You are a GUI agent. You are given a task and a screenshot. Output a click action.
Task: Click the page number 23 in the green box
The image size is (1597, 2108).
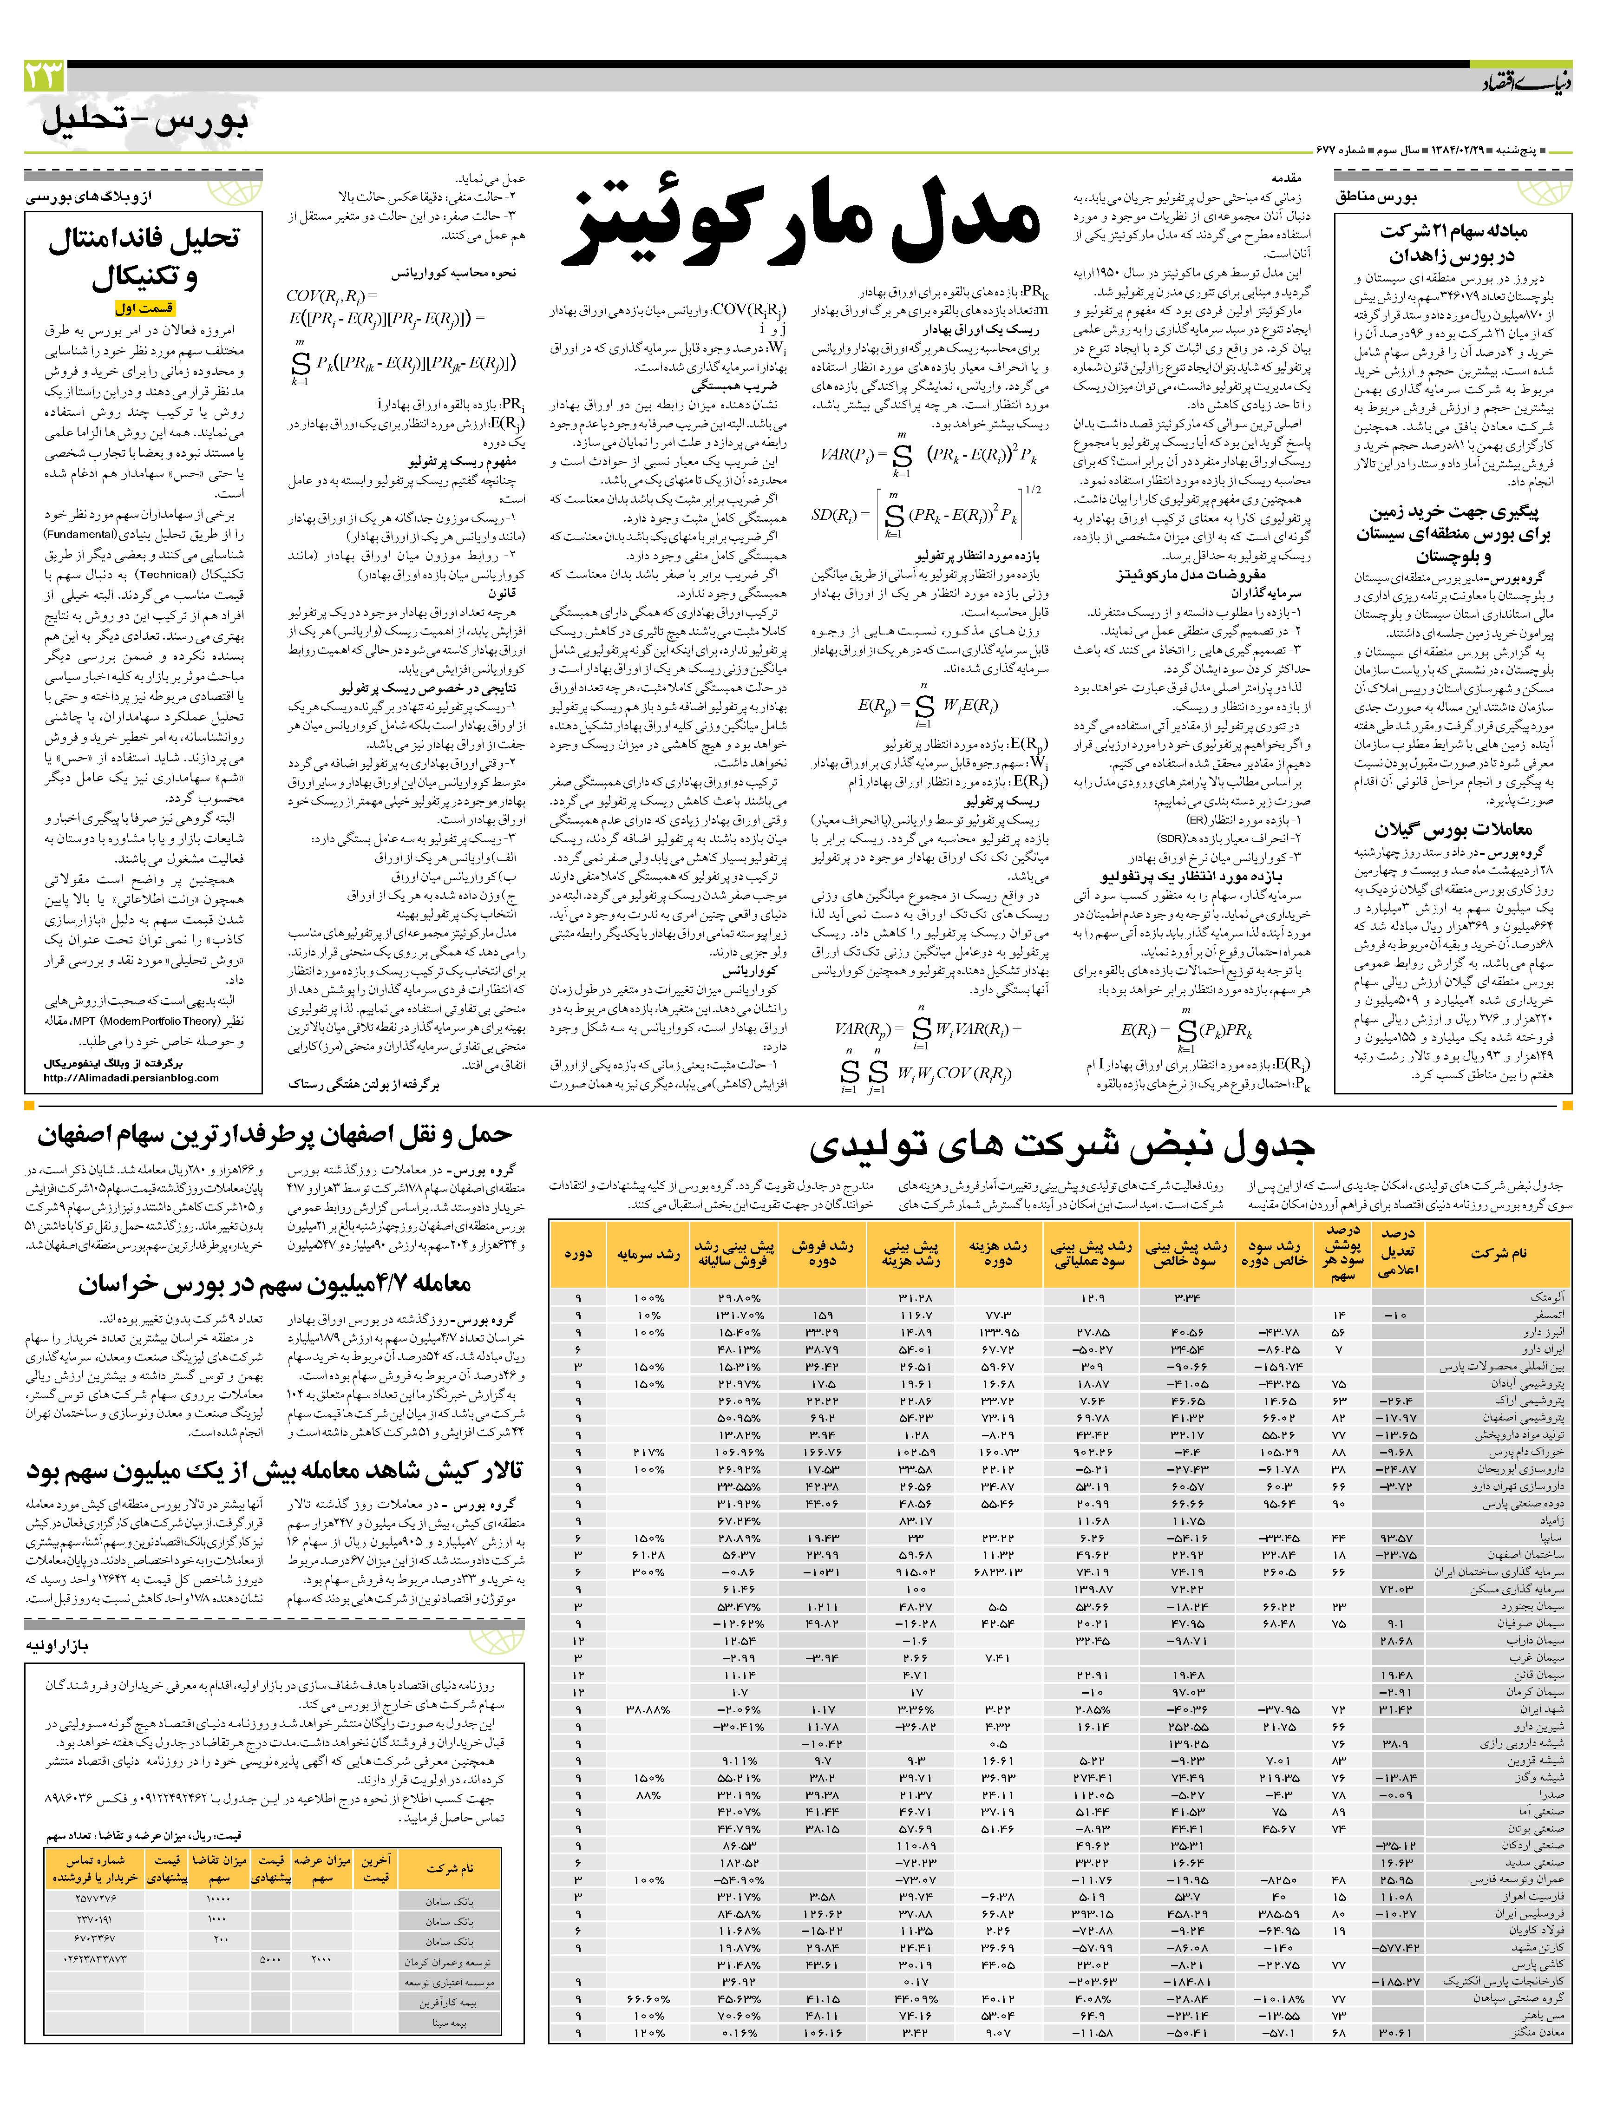click(44, 75)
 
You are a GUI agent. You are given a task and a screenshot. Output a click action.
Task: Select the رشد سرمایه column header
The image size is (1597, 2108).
click(648, 1252)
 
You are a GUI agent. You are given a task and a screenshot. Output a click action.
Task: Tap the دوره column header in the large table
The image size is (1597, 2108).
click(578, 1252)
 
